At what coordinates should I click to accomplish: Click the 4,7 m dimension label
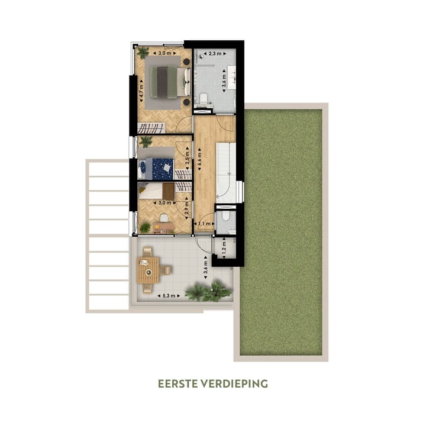(141, 93)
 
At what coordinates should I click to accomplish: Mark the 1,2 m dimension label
(223, 244)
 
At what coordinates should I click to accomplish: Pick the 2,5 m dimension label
(187, 159)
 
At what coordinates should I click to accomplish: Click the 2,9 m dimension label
(187, 207)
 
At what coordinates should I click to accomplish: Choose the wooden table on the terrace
(148, 270)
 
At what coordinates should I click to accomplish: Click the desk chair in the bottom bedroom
(163, 219)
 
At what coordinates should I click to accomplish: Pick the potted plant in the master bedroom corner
(143, 52)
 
